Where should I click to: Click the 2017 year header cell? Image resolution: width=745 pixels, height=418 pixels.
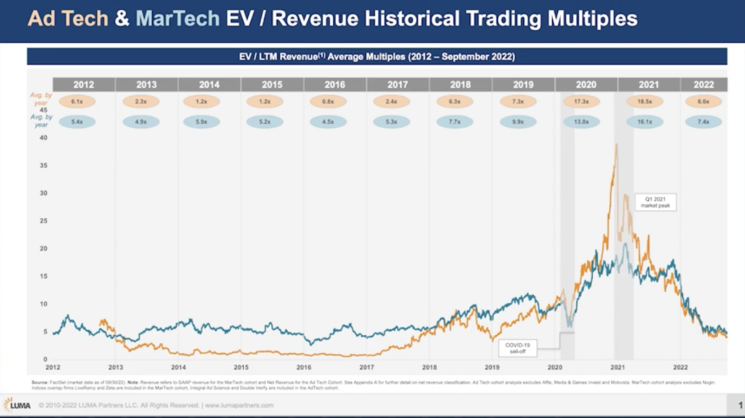398,84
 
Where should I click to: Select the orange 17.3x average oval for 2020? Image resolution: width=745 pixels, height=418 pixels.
581,103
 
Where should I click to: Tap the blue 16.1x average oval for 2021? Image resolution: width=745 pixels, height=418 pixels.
645,123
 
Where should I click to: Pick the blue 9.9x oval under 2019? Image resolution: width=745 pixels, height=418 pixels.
518,123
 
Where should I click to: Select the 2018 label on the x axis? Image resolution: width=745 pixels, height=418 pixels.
429,367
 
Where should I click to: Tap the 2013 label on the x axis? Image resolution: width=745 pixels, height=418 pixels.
115,367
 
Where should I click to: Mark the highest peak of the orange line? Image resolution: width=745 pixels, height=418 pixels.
616,145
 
